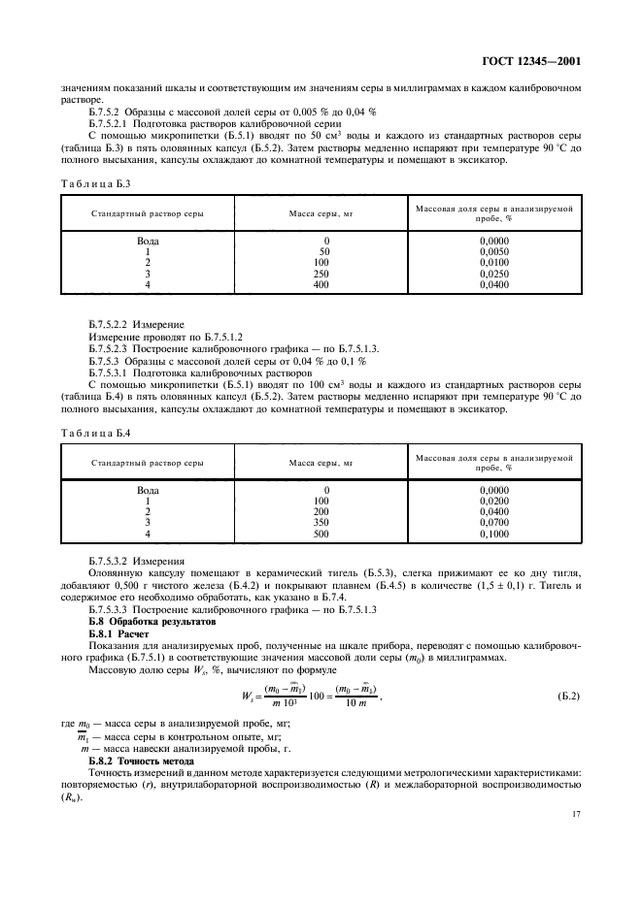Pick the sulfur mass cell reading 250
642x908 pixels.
point(326,275)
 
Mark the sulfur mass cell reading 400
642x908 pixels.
point(326,286)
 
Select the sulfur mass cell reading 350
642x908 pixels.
point(326,523)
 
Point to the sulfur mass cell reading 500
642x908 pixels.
point(326,535)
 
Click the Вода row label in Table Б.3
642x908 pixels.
point(148,240)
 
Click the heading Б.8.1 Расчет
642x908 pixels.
point(116,632)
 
